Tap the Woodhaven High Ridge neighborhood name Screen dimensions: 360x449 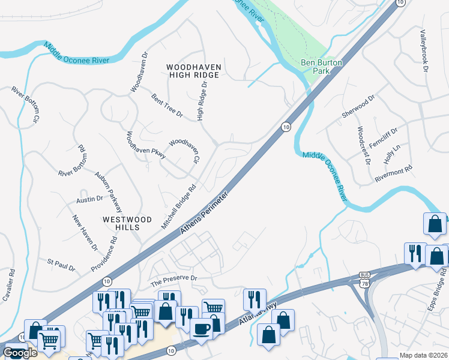[194, 71]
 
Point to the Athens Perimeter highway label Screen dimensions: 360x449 [205, 214]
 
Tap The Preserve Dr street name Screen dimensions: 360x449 [173, 279]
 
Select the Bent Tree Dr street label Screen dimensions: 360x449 [167, 105]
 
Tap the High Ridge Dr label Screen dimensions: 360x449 [203, 100]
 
